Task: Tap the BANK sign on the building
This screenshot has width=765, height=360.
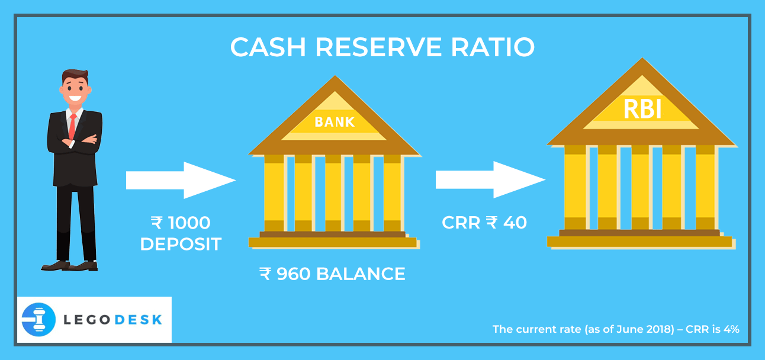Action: click(x=335, y=122)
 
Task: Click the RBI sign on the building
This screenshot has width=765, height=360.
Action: click(x=642, y=110)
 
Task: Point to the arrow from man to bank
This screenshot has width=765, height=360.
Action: click(x=181, y=180)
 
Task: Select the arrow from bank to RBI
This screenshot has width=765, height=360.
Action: click(x=490, y=180)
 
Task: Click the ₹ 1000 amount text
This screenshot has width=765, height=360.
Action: click(x=181, y=223)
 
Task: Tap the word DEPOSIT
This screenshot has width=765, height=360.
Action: click(x=181, y=243)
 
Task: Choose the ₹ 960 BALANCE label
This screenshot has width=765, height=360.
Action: click(x=332, y=274)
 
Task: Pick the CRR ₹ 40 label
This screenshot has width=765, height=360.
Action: click(x=484, y=223)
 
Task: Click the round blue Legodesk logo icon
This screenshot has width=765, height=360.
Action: click(x=38, y=320)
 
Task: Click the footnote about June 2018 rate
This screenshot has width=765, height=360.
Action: click(x=616, y=329)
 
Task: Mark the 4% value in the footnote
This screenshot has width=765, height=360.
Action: click(x=730, y=329)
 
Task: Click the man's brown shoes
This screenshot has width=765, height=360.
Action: click(x=70, y=266)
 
